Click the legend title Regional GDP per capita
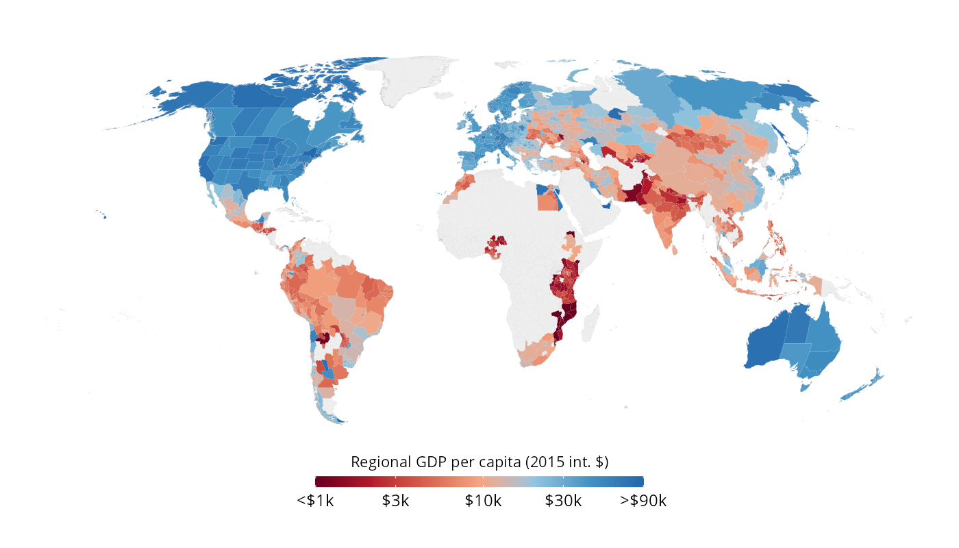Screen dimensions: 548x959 480,462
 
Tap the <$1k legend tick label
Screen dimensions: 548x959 315,501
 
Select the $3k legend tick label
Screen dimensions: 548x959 395,501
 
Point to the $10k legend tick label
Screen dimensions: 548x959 483,501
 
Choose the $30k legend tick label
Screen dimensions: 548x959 563,501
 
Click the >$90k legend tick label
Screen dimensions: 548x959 643,501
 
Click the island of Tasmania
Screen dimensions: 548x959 806,386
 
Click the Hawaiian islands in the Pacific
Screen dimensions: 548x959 105,217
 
